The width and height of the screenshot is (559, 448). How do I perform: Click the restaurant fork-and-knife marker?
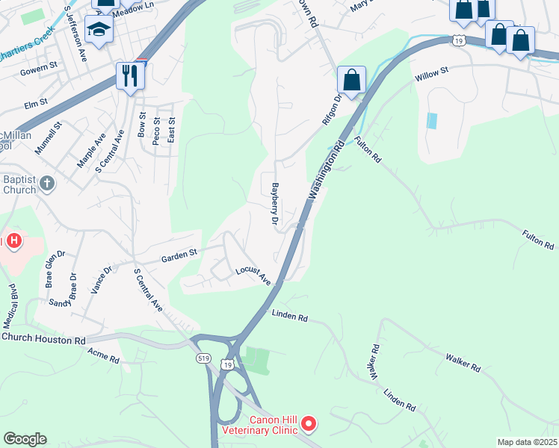click(130, 75)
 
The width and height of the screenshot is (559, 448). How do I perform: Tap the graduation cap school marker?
click(98, 30)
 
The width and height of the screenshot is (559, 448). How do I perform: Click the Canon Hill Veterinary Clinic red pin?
click(309, 425)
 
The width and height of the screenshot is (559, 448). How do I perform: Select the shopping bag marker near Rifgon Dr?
click(350, 79)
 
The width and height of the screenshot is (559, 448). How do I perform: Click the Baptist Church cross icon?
click(47, 184)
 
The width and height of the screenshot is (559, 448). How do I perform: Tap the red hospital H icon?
click(13, 241)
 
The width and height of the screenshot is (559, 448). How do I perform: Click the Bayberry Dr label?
click(274, 205)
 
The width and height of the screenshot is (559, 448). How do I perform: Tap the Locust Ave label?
click(253, 276)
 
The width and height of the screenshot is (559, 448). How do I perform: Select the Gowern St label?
click(39, 69)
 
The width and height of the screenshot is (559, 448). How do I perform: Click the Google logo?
click(25, 439)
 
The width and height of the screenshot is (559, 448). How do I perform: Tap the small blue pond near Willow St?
click(432, 120)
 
